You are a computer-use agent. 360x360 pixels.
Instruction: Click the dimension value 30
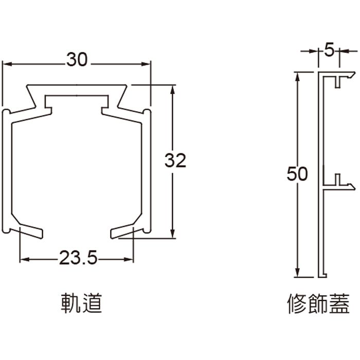pyautogui.click(x=77, y=60)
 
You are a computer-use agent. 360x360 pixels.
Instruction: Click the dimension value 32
pyautogui.click(x=175, y=160)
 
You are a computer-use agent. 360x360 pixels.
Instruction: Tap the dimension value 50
pyautogui.click(x=297, y=174)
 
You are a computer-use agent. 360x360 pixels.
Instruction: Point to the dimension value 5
pyautogui.click(x=330, y=50)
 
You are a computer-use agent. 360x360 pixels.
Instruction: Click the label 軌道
pyautogui.click(x=81, y=304)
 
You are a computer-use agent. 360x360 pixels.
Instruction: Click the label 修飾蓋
pyautogui.click(x=318, y=304)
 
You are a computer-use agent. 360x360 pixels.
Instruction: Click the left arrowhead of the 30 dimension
pyautogui.click(x=7, y=64)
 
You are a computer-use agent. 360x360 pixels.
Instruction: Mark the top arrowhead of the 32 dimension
pyautogui.click(x=172, y=88)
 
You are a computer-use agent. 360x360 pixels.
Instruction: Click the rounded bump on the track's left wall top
pyautogui.click(x=7, y=112)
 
